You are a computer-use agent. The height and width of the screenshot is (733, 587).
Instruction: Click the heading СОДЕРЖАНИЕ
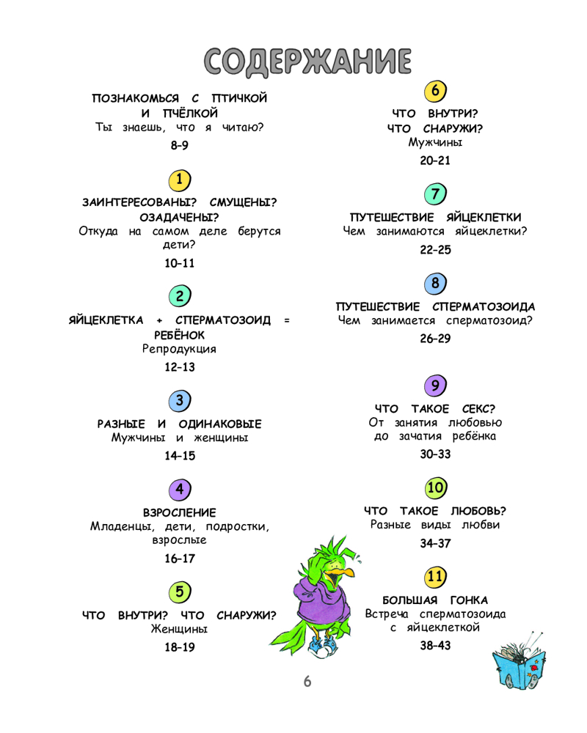pos(307,62)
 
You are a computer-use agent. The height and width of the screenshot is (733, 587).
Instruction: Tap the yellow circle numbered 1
pos(180,180)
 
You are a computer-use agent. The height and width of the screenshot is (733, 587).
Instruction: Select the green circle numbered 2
pos(180,295)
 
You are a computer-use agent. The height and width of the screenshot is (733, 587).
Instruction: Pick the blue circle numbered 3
pos(180,401)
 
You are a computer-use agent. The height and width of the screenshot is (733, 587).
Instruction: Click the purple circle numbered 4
pos(180,490)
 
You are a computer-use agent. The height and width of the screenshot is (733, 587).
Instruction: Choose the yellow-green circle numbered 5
pos(180,592)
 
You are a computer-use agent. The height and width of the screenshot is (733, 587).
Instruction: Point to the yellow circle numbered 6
pos(435,91)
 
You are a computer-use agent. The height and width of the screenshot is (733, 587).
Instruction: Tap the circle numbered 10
pos(436,488)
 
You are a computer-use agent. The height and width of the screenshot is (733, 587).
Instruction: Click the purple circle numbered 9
pos(435,386)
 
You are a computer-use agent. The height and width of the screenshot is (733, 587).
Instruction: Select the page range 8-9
pos(179,145)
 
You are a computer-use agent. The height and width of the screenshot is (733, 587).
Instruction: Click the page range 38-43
pos(435,646)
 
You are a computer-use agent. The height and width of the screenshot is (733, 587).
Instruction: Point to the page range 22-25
pos(435,250)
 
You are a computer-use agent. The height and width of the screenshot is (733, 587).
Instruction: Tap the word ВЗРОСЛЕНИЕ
pos(180,513)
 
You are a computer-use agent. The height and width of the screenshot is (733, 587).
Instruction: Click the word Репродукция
pos(179,349)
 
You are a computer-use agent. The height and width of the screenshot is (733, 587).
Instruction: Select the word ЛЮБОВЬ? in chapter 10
pos(478,511)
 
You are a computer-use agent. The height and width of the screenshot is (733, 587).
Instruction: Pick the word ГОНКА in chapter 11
pos(469,600)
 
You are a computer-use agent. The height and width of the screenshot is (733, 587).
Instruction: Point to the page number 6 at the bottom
pos(307,682)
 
